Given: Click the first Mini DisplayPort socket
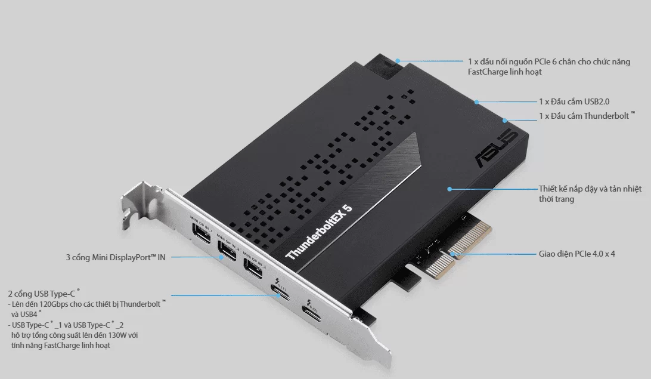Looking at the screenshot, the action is (201, 233).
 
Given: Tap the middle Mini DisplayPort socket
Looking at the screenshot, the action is (227, 251).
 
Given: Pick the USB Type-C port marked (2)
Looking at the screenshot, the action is (312, 314).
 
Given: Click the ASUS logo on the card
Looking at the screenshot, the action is (497, 147).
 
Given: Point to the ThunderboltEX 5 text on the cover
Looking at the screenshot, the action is (319, 232).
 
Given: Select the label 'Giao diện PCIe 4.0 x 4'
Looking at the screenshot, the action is (576, 254).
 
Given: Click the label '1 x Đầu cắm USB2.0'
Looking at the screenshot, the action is (573, 101).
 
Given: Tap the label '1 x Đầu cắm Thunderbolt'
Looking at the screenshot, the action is (587, 116).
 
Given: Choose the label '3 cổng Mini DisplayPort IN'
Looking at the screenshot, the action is (116, 258).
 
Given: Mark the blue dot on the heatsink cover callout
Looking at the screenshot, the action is (449, 189).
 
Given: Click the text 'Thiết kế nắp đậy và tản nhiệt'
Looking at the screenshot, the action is (590, 189).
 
